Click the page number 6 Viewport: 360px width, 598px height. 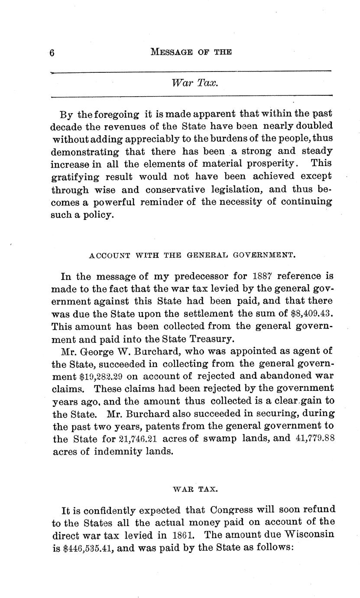(52, 53)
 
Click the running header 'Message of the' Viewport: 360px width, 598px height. (191, 52)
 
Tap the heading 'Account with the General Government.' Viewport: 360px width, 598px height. (192, 255)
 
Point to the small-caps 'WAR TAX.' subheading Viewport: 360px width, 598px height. (195, 489)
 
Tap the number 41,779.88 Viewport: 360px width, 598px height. (315, 439)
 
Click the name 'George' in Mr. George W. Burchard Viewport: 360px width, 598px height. (96, 351)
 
